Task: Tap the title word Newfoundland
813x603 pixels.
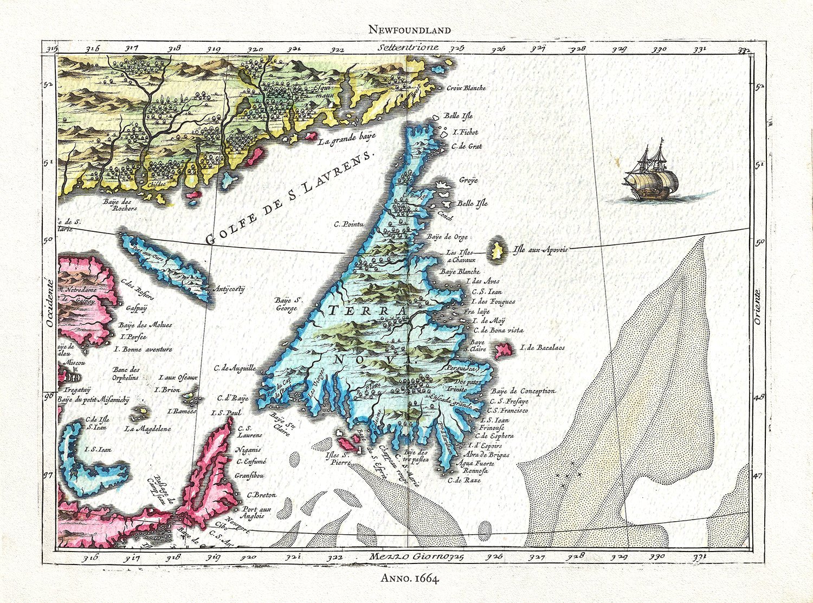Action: click(409, 30)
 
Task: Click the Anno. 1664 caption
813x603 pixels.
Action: click(409, 579)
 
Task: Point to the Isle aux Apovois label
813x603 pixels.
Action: click(540, 250)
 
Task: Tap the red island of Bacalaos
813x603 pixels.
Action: click(504, 351)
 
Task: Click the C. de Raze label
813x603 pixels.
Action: click(464, 480)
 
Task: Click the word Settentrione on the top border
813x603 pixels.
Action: click(409, 47)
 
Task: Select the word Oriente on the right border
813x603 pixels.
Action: click(757, 307)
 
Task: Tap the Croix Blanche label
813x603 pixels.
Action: click(466, 88)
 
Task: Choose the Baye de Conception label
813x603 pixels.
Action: click(523, 391)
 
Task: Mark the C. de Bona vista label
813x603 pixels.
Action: click(498, 330)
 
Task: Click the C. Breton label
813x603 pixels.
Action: click(261, 495)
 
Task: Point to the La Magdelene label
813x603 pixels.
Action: click(147, 429)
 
